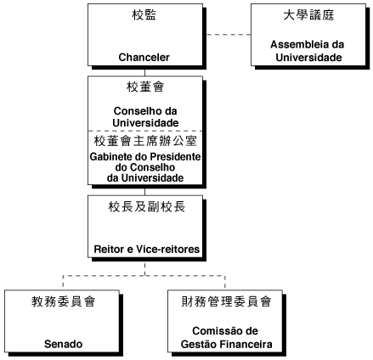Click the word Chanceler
[144, 57]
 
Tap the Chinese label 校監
[144, 15]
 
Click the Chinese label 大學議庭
[308, 15]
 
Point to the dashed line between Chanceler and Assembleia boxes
[229, 35]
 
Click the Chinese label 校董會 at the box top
[145, 87]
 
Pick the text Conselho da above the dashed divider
[145, 111]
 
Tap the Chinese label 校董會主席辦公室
[145, 141]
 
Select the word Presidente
[175, 156]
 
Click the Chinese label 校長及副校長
[147, 207]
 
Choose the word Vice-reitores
[168, 250]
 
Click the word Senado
[64, 344]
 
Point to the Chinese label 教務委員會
[63, 301]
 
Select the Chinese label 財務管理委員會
[226, 301]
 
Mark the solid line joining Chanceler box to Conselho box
[145, 73]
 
